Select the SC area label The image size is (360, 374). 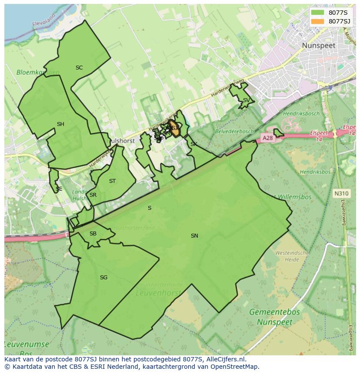click(79, 68)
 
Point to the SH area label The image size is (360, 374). click(60, 124)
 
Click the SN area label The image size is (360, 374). click(194, 236)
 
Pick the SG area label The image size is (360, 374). click(103, 278)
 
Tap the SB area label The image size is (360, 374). click(93, 234)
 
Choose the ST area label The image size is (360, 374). click(113, 181)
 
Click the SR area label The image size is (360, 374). click(93, 195)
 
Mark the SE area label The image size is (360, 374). click(59, 189)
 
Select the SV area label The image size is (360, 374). click(246, 100)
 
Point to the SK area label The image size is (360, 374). click(194, 144)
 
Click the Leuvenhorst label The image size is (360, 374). click(158, 293)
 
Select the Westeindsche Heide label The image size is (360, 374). click(292, 256)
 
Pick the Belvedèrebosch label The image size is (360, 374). click(234, 131)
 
